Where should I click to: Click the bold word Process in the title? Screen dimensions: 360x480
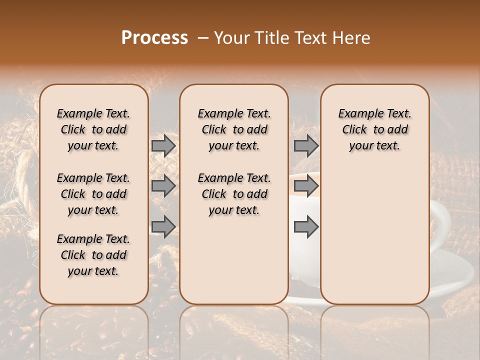point(154,38)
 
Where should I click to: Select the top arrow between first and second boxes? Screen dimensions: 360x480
point(163,146)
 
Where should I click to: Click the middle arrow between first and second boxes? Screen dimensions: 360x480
point(163,186)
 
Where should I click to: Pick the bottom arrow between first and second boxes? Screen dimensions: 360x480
point(163,227)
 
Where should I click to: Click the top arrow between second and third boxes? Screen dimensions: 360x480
point(306,146)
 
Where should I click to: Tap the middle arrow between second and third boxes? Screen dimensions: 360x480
point(306,186)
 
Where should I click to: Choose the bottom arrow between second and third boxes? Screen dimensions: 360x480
point(306,227)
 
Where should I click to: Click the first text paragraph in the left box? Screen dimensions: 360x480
point(93,129)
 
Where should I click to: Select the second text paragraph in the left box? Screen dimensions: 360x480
point(93,194)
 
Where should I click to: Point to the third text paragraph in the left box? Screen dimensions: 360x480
point(93,255)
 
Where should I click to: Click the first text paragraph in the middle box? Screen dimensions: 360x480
point(234,129)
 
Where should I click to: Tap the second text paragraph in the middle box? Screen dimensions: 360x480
point(234,194)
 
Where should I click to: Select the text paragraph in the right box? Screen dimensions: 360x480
point(374,129)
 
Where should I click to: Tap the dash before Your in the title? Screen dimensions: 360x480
point(203,38)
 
